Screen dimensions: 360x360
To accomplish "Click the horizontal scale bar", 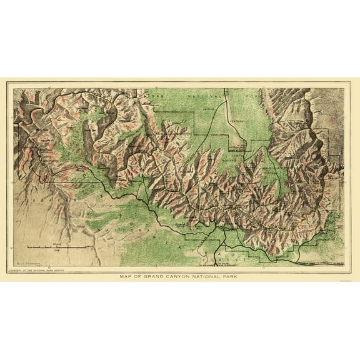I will click(59, 249).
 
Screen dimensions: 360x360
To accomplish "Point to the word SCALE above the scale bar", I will click(58, 244).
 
